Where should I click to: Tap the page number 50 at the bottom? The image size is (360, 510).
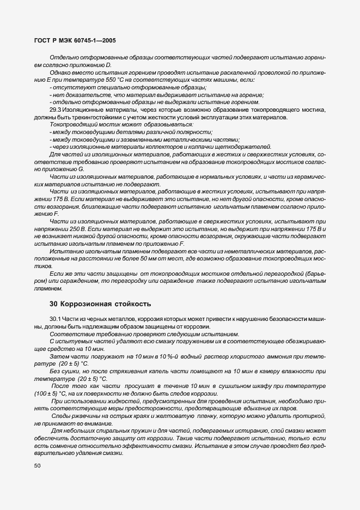pos(37,466)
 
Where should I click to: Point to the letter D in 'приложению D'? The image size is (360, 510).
pos(108,65)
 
